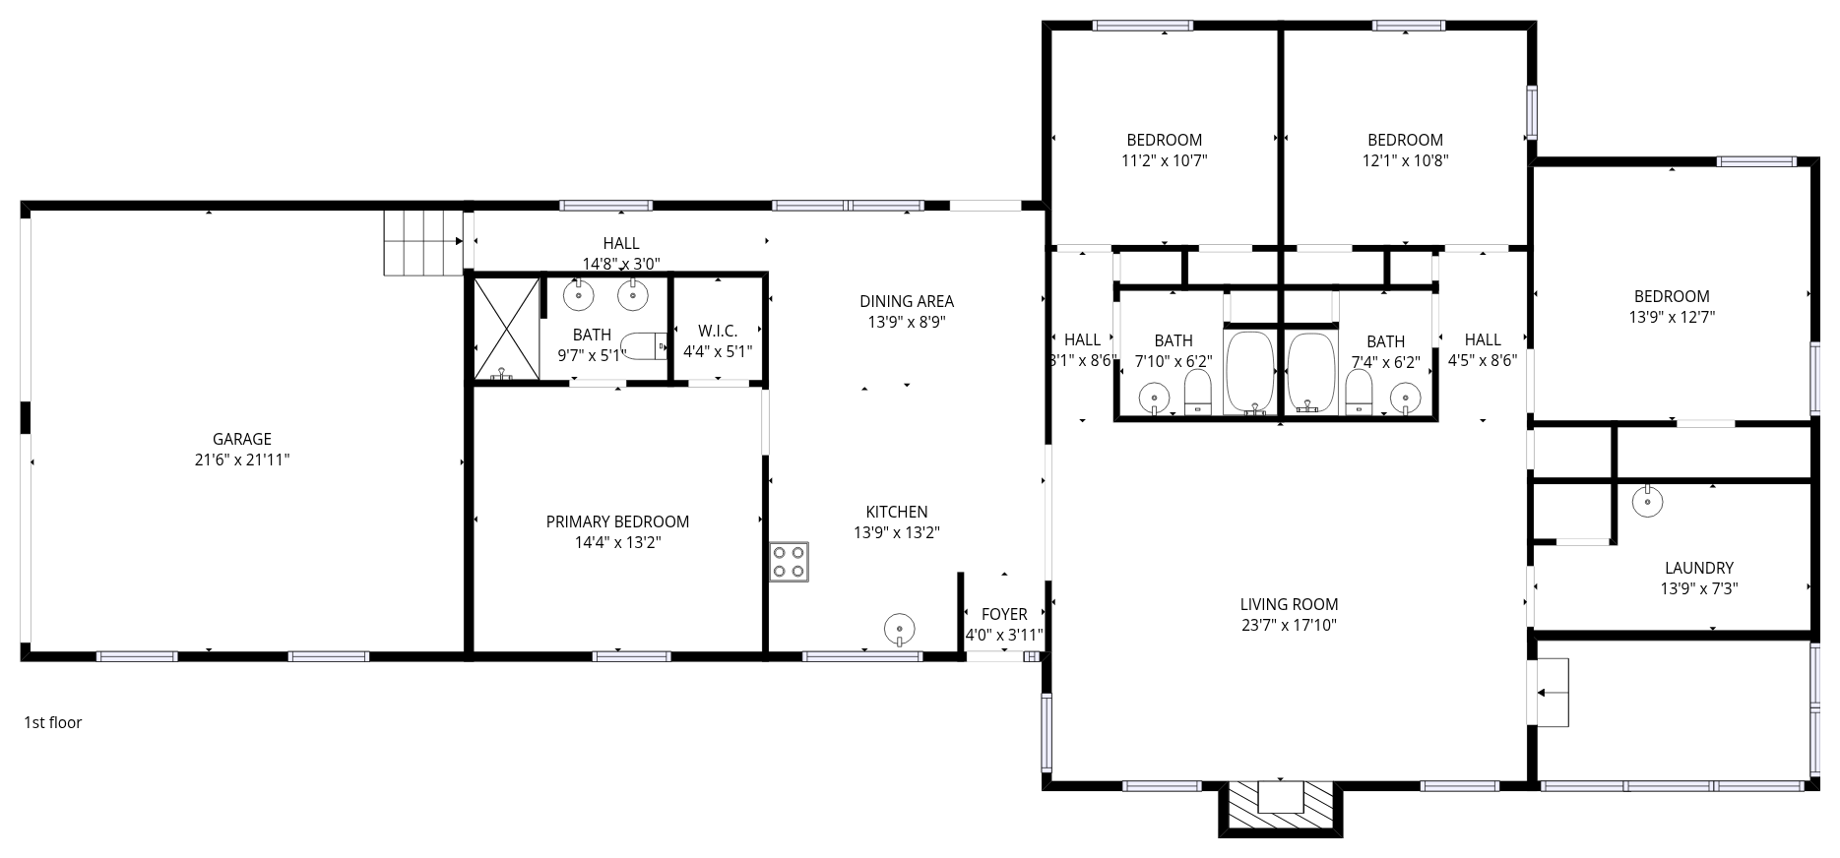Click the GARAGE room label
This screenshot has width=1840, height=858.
(241, 439)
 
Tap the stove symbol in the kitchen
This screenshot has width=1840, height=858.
(789, 562)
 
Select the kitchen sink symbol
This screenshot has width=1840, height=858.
(899, 628)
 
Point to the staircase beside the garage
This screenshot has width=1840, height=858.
(423, 242)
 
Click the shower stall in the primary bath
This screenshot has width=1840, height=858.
(506, 329)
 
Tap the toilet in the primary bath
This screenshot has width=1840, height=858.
(644, 346)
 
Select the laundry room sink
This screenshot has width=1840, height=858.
(1647, 502)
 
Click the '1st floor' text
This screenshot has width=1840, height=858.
(53, 722)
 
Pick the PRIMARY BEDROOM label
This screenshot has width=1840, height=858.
(617, 521)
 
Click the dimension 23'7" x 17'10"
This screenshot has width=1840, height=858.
(1289, 625)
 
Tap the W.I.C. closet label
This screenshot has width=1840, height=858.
(717, 331)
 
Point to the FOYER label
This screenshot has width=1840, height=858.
(1004, 614)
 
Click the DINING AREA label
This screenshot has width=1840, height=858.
(906, 301)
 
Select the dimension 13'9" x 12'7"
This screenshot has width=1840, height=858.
(1672, 317)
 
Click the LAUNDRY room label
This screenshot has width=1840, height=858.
(1698, 568)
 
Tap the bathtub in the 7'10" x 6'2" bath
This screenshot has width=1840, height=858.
(1250, 373)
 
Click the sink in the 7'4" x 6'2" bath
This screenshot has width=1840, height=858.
(1406, 398)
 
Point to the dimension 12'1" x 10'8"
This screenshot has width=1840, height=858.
(1405, 160)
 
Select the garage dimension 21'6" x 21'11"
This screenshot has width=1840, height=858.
(241, 460)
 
